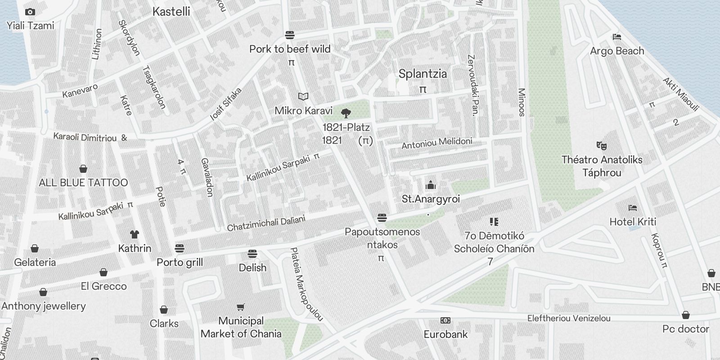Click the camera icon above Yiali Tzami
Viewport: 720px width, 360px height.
30,12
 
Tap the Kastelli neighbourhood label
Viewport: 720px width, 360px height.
171,12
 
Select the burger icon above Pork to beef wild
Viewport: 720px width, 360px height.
290,35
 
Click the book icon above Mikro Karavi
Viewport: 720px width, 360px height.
303,96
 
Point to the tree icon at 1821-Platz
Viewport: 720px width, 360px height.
346,113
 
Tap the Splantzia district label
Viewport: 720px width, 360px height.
423,74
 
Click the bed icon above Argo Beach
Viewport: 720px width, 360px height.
617,36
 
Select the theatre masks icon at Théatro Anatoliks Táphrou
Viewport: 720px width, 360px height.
601,145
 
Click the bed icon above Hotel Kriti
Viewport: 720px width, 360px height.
633,207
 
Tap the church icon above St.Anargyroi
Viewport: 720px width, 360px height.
431,185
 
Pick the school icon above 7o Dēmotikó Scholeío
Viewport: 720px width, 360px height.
494,221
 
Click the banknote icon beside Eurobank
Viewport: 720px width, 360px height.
445,320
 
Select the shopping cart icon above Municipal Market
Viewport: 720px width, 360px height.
241,307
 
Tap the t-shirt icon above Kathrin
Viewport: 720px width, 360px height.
134,234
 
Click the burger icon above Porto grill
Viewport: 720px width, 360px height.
180,248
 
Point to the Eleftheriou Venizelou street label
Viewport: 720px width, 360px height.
569,318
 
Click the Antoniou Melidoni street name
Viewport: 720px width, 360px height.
436,143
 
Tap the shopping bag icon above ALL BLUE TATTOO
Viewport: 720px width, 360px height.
83,169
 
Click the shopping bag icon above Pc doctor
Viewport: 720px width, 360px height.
685,315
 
